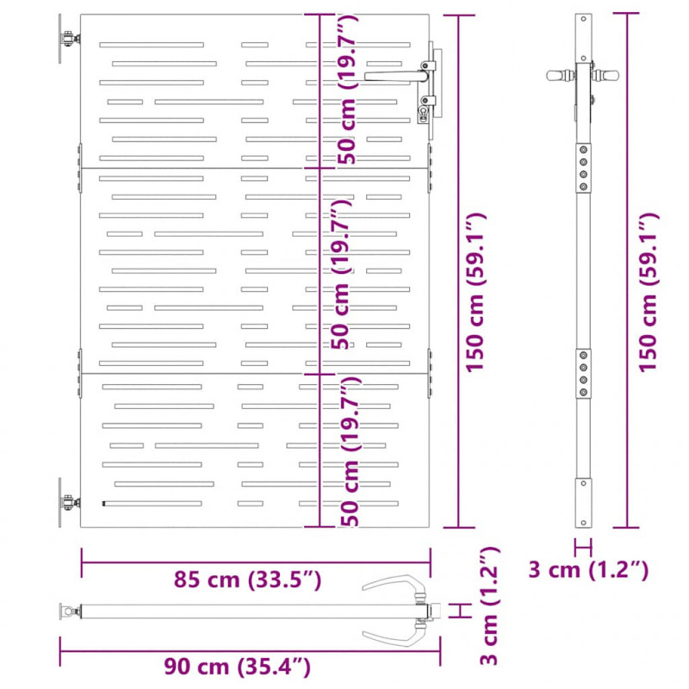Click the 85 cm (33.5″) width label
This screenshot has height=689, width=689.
tap(247, 580)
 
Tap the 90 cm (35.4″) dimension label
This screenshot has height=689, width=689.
tap(238, 667)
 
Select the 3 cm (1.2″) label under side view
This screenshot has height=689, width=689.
tap(588, 570)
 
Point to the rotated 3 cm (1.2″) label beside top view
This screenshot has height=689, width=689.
tap(489, 605)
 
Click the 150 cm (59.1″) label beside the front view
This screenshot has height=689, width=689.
tap(475, 293)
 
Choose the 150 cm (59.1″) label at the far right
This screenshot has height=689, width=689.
tap(649, 293)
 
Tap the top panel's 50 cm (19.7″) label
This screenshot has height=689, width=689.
tap(347, 90)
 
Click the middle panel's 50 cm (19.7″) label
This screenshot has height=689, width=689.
tap(340, 274)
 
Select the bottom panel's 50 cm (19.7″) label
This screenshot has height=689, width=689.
tap(351, 451)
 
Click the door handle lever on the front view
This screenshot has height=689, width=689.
tap(395, 77)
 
